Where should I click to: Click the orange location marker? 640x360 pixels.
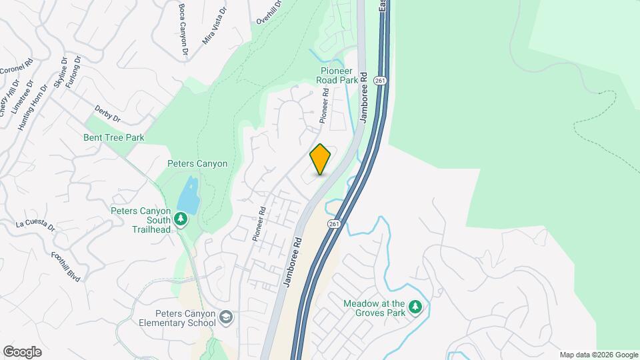[320, 159]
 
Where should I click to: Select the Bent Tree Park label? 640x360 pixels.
[113, 138]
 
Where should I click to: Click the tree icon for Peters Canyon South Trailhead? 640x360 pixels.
[180, 219]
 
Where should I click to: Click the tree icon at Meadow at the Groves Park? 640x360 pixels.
[416, 307]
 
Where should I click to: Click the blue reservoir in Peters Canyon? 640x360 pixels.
[189, 195]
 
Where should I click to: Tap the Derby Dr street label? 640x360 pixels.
[107, 114]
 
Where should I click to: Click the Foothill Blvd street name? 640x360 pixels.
[65, 267]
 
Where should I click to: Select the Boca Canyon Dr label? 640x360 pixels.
[182, 27]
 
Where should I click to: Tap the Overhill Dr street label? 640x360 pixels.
[269, 12]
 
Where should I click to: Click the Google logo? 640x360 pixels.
[22, 352]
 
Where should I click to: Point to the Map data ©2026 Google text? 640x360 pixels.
[599, 355]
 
